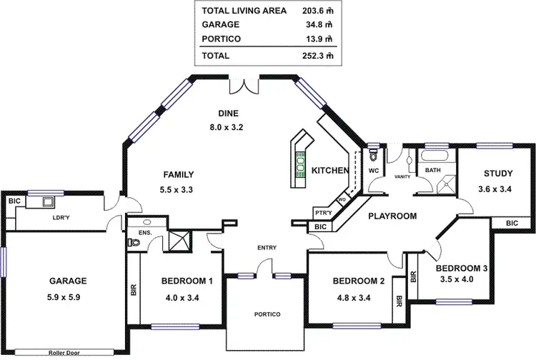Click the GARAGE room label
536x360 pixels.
coord(68,281)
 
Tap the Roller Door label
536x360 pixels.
coord(68,352)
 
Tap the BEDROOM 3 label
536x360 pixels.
coord(462,268)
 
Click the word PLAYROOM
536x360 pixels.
coord(392,215)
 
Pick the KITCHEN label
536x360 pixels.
coord(330,171)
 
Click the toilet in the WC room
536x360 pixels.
coord(374,155)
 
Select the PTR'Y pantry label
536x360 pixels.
coord(323,214)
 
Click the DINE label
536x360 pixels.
coord(228,113)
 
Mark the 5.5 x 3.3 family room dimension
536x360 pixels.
coord(178,189)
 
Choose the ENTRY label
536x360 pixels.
coord(267,248)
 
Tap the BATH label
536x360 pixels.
coord(433,171)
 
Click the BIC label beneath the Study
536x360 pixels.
coord(511,224)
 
